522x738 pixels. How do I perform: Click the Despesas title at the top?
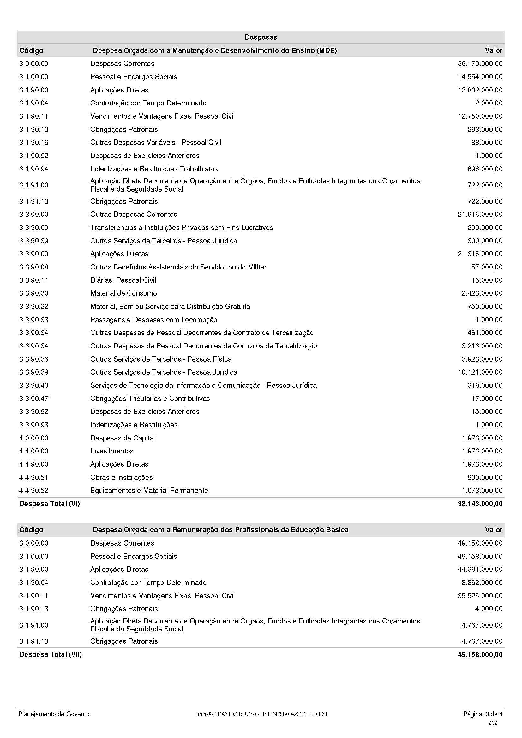tap(261, 37)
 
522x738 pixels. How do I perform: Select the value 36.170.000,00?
tap(480, 64)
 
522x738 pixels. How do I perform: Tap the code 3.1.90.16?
tap(34, 142)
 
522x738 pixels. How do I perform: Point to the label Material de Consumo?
tap(123, 293)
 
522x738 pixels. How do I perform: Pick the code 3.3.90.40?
tap(34, 385)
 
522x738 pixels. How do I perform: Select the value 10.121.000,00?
tap(480, 372)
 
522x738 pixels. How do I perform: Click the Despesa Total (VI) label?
tap(50, 504)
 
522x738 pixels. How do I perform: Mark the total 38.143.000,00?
tap(480, 504)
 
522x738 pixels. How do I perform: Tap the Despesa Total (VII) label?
tap(51, 654)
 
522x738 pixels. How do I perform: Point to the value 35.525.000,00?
tap(480, 596)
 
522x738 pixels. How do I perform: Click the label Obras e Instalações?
tap(121, 477)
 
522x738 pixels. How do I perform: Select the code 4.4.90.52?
tap(34, 491)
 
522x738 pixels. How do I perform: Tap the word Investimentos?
tap(111, 451)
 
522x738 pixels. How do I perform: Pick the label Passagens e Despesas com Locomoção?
tap(153, 320)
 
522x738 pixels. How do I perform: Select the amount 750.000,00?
tap(485, 307)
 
